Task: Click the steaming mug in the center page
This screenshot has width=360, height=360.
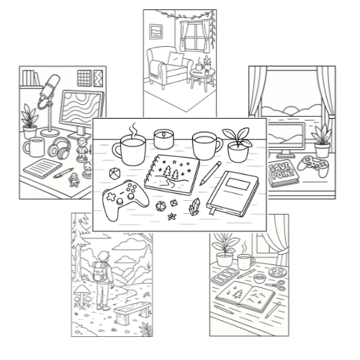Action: tap(130, 149)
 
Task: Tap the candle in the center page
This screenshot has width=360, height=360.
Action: tap(163, 139)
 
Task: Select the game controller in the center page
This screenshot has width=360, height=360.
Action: tap(125, 199)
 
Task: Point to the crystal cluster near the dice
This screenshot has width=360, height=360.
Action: tap(195, 206)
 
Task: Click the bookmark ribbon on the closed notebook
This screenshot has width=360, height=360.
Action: tap(212, 211)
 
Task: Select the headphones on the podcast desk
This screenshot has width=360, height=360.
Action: tap(60, 148)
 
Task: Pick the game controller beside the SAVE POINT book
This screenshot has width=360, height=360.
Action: tap(314, 166)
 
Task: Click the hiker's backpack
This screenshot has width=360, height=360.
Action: tap(100, 271)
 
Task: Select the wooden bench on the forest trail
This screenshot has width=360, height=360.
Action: tap(132, 312)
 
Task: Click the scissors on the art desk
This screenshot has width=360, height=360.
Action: tap(276, 285)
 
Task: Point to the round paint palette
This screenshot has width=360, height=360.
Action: tap(278, 272)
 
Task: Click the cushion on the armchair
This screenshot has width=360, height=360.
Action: tap(176, 58)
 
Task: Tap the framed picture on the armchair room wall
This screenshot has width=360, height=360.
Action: tap(156, 32)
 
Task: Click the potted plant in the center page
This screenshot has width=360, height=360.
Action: tap(238, 145)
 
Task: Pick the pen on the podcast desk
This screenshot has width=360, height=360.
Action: tap(63, 174)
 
